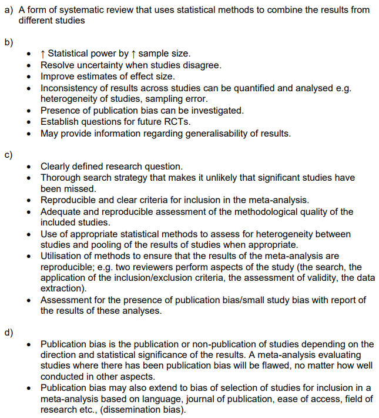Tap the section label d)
(x=8, y=332)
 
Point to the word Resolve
(x=57, y=65)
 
